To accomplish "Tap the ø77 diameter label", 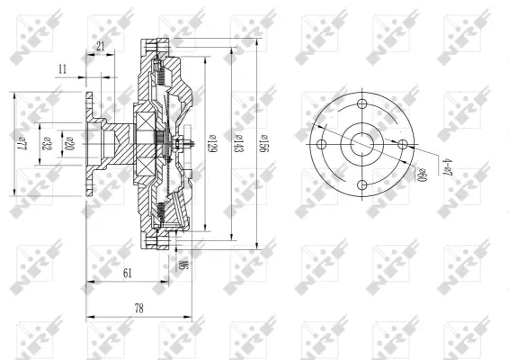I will click(27, 143).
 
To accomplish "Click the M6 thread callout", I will click(183, 265).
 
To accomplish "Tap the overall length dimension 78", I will click(138, 308).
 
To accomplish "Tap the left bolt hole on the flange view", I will click(320, 143).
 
